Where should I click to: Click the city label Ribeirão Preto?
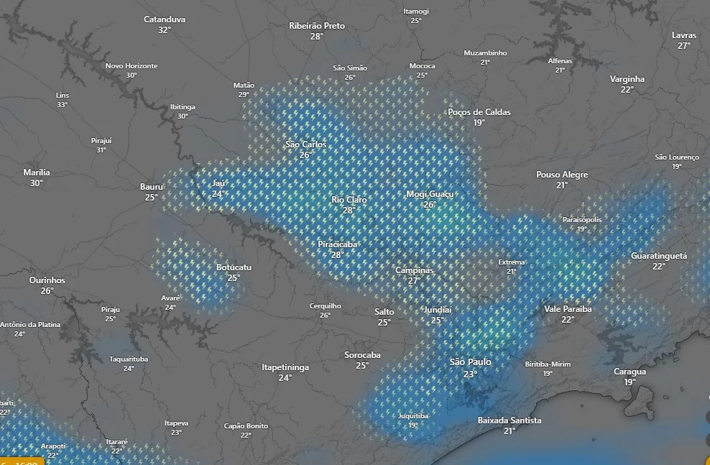coord(317,26)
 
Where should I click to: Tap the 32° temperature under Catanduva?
coord(165,30)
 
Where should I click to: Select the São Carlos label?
coord(306,144)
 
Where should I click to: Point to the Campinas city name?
coord(415,270)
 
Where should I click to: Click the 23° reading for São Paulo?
coord(470,374)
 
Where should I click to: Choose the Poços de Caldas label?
coord(479,112)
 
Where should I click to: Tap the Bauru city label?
coord(152,187)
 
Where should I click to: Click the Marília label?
coord(37,172)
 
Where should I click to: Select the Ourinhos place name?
coord(47,280)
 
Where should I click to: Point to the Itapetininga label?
coord(285,367)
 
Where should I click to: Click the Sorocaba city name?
coord(362,355)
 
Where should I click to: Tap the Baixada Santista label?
coord(510,420)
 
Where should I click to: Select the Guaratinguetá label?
coord(659,256)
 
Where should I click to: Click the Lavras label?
coord(684,35)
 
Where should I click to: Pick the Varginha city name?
coord(627,79)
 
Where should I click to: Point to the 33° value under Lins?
coord(63,105)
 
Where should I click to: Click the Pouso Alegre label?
coord(562,175)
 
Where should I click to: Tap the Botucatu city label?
coord(234,267)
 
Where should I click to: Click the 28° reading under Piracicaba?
coord(337,254)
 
